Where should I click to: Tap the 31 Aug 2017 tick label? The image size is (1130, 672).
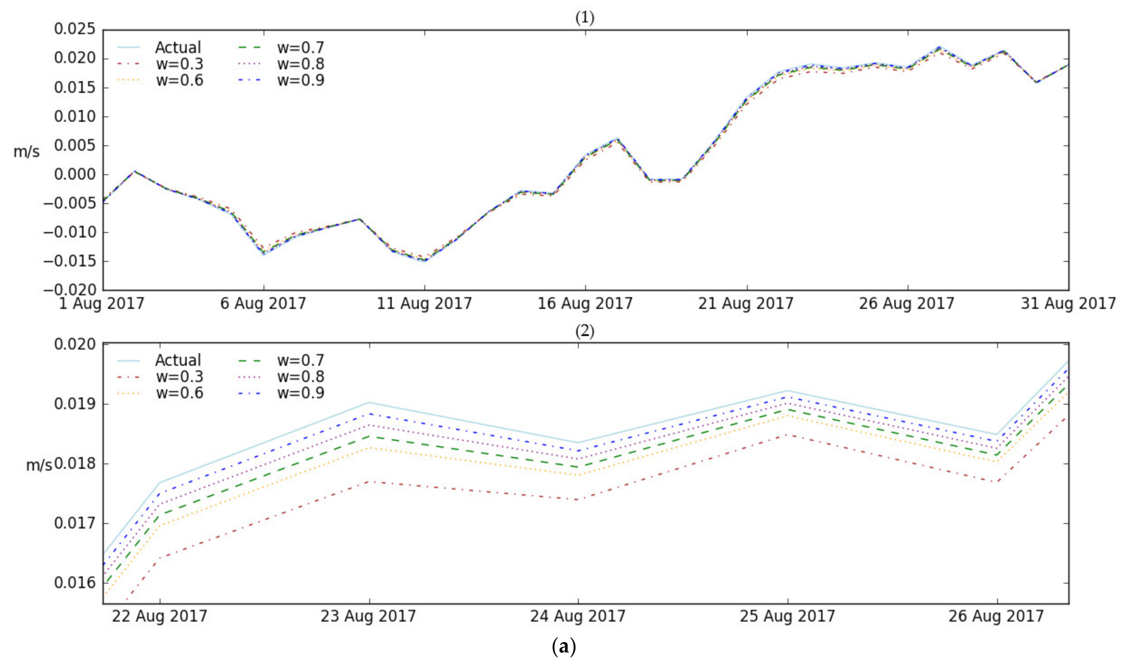coord(1068,303)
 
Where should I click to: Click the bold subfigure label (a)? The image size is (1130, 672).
coord(564,647)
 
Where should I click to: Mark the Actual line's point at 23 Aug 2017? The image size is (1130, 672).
coord(369,402)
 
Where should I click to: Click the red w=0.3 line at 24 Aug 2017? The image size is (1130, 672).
coord(578,500)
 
